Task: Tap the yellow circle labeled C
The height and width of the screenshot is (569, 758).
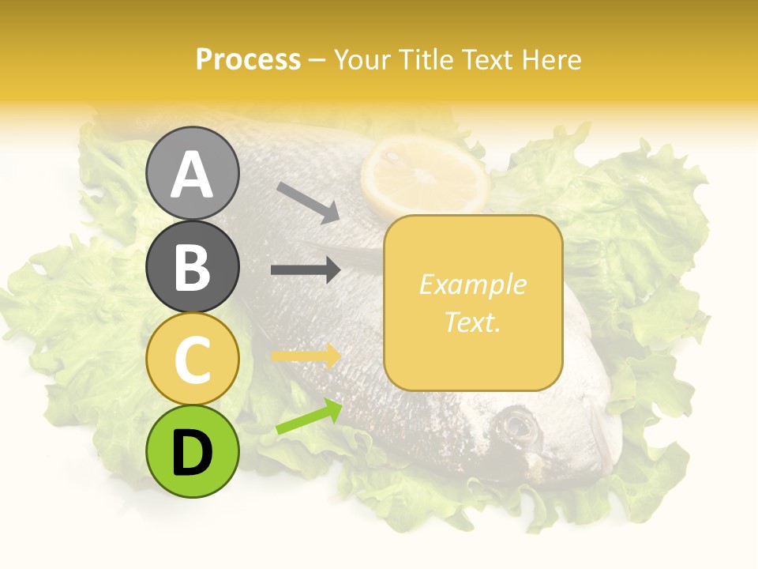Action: pos(192,359)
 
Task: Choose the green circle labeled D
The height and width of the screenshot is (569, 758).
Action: pos(192,451)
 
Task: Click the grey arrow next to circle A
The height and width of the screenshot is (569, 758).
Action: pos(308,202)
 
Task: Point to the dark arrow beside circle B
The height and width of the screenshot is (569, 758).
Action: pos(306,270)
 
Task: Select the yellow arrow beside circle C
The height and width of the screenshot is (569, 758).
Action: pos(306,356)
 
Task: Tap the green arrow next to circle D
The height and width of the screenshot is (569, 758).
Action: pos(309,416)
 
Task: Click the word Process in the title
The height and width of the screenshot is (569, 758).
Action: pos(248,59)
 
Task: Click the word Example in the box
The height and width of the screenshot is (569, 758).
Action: pos(472,284)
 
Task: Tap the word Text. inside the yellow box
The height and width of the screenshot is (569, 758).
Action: pos(472,322)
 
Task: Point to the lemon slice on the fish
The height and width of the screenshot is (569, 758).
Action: pos(425,176)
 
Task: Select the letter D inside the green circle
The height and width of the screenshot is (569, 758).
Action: pos(192,453)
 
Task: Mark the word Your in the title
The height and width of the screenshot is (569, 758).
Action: pos(361,59)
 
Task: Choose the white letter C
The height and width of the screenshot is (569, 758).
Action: pos(192,360)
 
